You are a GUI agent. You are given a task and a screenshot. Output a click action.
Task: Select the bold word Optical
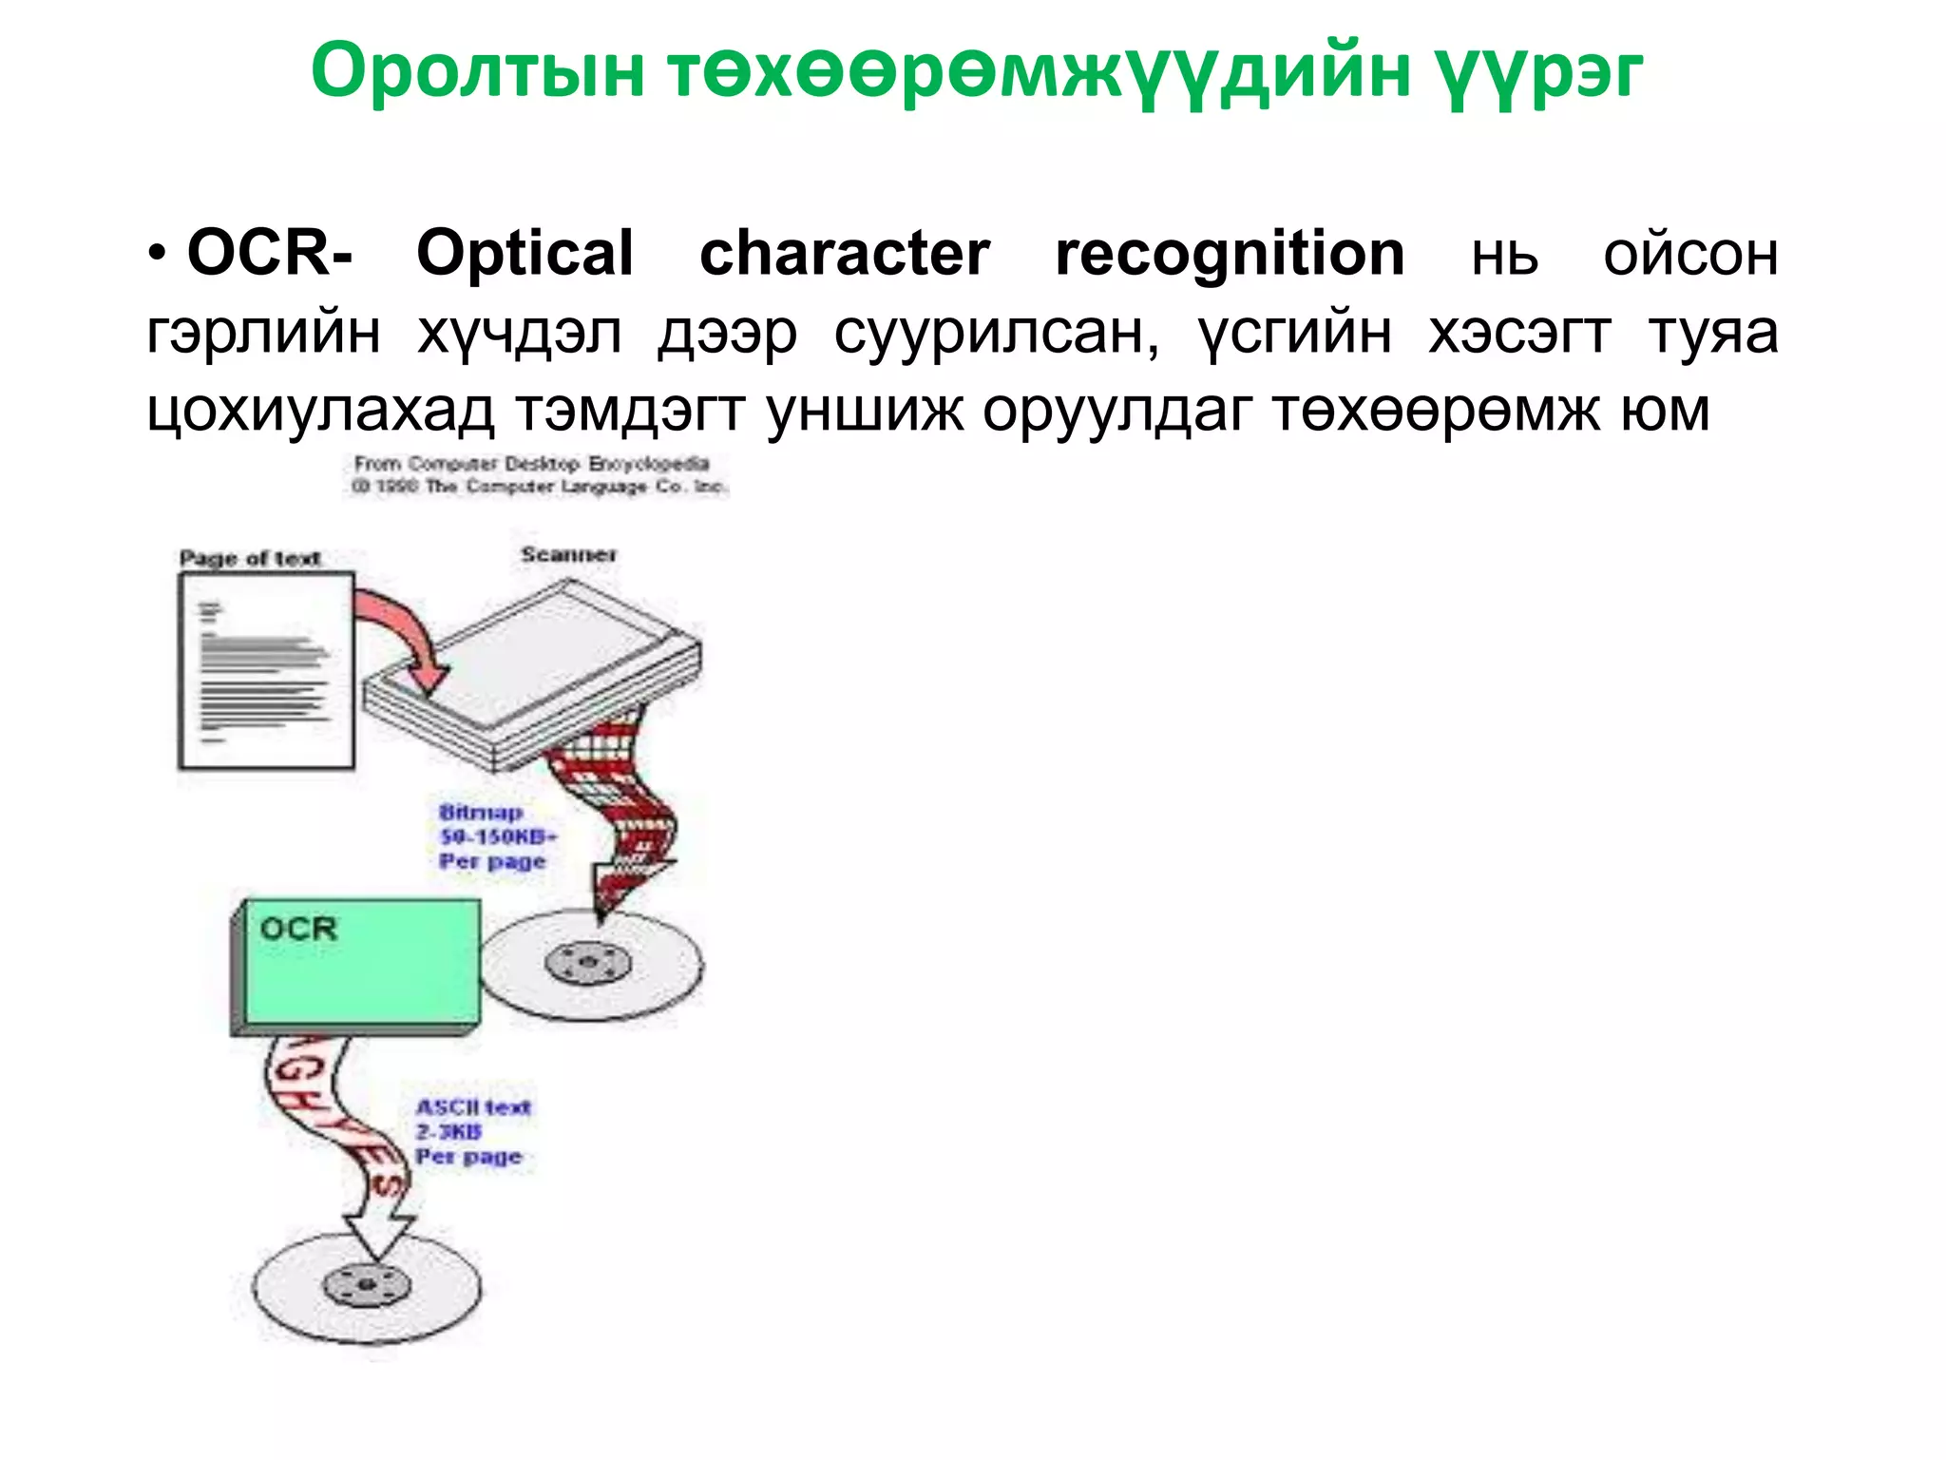[525, 254]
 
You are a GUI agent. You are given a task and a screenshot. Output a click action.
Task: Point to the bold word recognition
[1230, 254]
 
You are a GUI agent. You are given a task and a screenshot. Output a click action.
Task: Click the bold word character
[845, 254]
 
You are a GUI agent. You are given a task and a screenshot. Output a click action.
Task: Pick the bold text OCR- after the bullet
[270, 254]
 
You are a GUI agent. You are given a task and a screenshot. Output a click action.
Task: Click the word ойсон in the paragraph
[1690, 256]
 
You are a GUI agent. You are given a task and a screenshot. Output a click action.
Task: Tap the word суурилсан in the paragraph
[997, 334]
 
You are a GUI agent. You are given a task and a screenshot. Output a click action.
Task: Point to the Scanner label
[568, 554]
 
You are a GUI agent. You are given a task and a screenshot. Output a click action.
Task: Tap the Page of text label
[250, 558]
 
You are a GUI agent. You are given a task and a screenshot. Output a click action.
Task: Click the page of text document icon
[266, 670]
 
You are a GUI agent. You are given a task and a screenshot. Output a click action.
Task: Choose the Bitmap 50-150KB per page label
[494, 837]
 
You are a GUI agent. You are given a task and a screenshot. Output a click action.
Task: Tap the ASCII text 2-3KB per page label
[472, 1131]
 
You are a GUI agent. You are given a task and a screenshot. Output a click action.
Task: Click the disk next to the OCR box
[591, 963]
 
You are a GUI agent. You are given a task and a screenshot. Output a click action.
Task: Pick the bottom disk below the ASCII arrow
[367, 1287]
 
